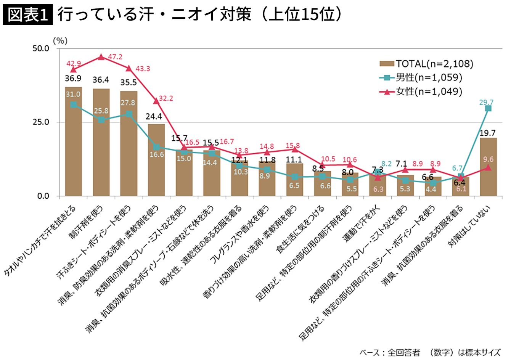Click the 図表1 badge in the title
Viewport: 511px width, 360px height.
click(27, 15)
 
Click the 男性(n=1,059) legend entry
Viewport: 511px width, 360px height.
click(421, 78)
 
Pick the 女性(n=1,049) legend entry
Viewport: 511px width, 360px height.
click(421, 92)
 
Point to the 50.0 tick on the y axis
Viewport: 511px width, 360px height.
click(41, 48)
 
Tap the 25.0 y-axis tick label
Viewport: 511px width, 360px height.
click(41, 122)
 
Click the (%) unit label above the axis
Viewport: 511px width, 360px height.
click(60, 40)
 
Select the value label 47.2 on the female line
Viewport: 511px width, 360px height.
click(114, 57)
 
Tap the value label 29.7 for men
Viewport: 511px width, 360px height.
click(486, 102)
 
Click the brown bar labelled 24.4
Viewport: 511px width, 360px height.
click(156, 160)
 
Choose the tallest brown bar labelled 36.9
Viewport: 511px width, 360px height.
click(73, 141)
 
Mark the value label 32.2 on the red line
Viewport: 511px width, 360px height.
click(166, 98)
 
